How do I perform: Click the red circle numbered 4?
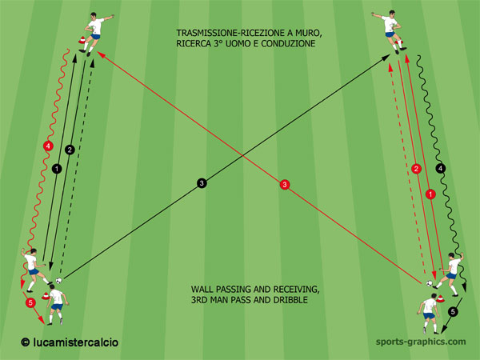(48, 146)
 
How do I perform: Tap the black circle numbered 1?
(57, 168)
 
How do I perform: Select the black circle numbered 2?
(70, 150)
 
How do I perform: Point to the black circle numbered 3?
(202, 183)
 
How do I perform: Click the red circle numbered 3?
(285, 184)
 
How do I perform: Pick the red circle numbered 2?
(416, 169)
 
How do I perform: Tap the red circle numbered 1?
(430, 194)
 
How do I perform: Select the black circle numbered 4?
(441, 168)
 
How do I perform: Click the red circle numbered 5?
(30, 302)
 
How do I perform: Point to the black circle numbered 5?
(453, 312)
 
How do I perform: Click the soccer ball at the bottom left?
(58, 280)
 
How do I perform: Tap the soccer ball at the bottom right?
(430, 283)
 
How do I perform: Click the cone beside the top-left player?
(82, 39)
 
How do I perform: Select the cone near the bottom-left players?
(46, 296)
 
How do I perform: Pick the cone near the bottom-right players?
(440, 298)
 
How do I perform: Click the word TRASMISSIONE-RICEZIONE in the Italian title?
(229, 33)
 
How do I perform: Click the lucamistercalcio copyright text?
(70, 342)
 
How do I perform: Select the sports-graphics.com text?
(421, 342)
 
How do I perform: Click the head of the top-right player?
(392, 14)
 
